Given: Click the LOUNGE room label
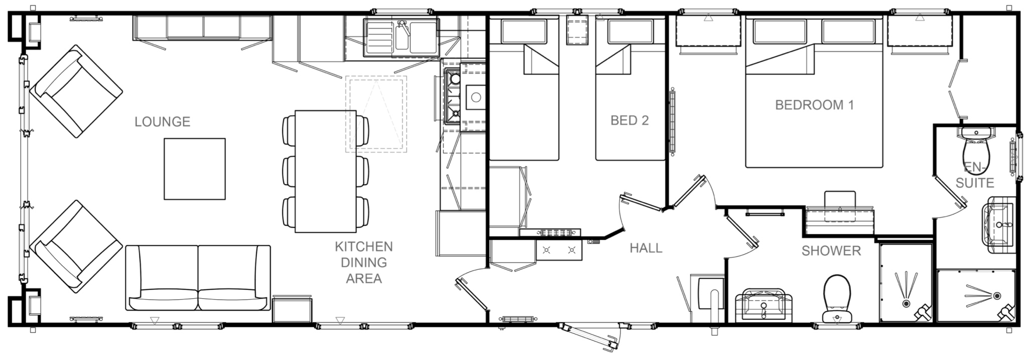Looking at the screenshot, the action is (162, 122).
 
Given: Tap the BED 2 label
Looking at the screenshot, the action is (629, 121).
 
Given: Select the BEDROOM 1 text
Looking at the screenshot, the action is (814, 105).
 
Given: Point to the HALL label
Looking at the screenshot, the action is (646, 248).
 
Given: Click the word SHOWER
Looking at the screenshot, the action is (831, 251).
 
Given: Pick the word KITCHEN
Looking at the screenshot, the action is (364, 247).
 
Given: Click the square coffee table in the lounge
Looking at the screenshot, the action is (195, 169).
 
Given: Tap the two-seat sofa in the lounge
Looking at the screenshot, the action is (198, 278).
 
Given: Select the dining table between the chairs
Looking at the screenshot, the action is (326, 171).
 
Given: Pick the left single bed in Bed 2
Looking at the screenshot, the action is (524, 88).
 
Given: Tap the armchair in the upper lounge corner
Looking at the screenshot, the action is (76, 91).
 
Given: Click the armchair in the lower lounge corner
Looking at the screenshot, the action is (76, 247).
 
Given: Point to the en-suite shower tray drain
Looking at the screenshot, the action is (997, 296).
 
